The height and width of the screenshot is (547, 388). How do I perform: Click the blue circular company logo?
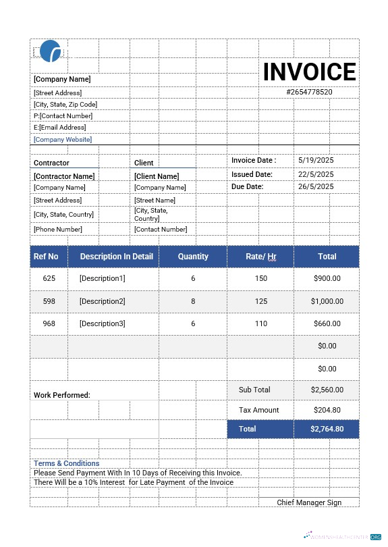point(51,51)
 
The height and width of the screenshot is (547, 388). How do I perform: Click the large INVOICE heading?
point(310,72)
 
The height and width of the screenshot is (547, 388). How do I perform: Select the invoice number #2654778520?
point(309,92)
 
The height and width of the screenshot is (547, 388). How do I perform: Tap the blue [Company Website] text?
point(63,140)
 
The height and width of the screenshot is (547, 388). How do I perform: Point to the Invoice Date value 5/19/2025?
point(316,161)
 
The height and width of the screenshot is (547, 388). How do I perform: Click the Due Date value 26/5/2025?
point(316,186)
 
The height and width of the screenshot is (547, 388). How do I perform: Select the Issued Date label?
point(252,174)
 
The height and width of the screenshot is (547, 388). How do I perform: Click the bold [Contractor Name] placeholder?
point(64,176)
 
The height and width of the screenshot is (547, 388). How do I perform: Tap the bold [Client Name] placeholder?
point(157,176)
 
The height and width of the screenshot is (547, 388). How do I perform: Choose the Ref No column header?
point(46,257)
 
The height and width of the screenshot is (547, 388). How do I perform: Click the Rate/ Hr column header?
point(260,257)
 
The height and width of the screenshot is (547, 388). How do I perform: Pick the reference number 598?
point(49,301)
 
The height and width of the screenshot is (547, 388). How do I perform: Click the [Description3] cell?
point(102,323)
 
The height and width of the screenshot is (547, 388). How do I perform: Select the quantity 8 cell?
point(193,301)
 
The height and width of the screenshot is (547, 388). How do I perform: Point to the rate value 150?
point(260,278)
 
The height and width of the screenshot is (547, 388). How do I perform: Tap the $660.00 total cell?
point(327,323)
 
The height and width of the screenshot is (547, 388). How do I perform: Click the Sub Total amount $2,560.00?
point(327,390)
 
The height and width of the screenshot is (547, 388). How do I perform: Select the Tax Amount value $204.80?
point(327,410)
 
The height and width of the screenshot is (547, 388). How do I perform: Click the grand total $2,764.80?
point(327,429)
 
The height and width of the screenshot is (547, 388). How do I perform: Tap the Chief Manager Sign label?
point(309,502)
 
